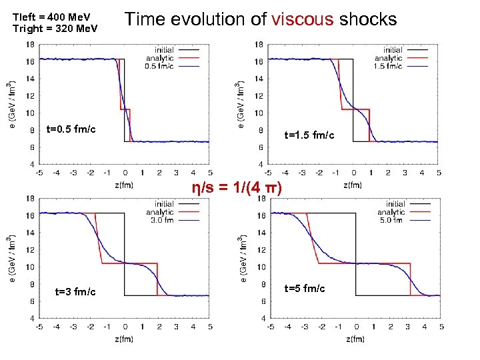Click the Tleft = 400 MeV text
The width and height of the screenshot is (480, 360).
(x=51, y=16)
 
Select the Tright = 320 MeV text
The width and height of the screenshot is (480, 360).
(x=55, y=28)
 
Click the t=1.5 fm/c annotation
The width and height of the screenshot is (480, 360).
(x=309, y=135)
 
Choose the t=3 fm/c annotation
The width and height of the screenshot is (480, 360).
(x=75, y=292)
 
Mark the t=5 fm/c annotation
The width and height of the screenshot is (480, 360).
(x=305, y=288)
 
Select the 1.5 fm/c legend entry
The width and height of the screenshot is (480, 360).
(x=388, y=66)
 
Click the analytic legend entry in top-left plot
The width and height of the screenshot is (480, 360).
(x=160, y=58)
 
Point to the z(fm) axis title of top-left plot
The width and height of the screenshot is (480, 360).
(x=123, y=185)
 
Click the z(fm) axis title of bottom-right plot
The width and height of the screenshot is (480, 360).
(x=355, y=339)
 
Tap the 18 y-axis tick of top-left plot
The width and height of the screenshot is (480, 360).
(x=29, y=43)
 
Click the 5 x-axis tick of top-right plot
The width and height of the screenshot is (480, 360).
(x=439, y=172)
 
